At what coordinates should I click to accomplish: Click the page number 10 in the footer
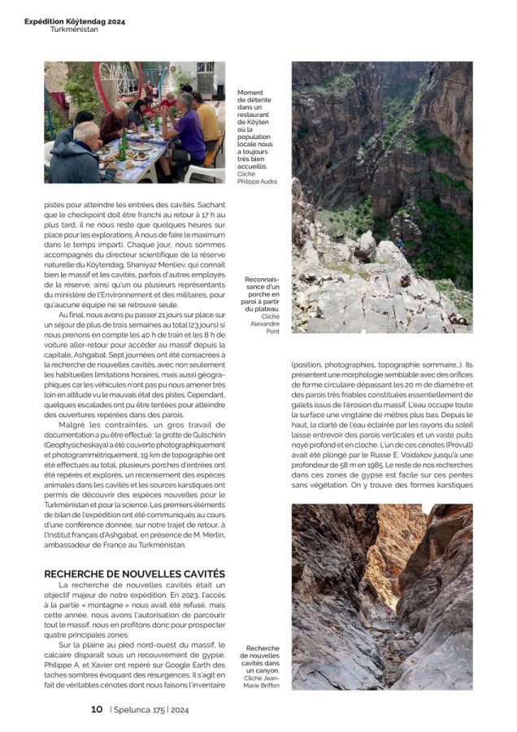click(96, 709)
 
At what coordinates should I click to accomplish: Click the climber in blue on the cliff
click(399, 242)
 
